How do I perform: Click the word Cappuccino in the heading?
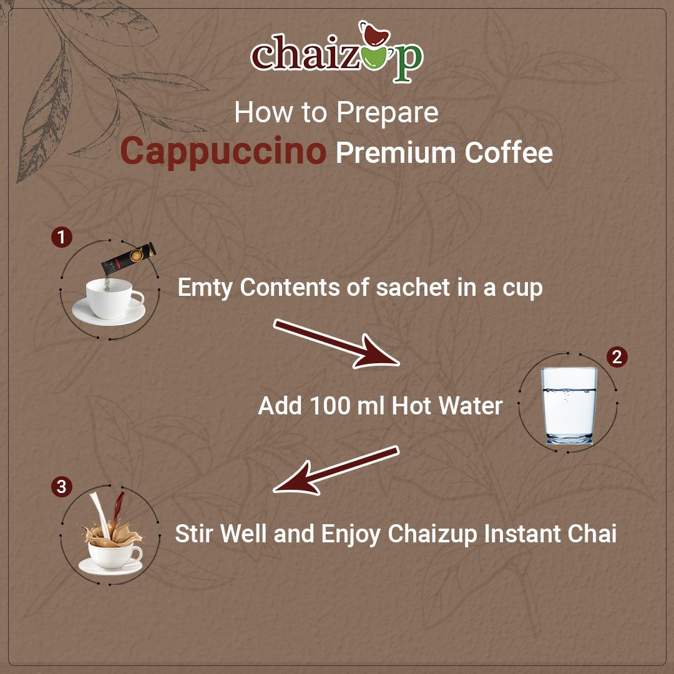[223, 152]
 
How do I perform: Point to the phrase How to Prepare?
[336, 112]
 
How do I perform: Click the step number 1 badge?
[61, 237]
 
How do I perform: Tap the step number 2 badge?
[617, 357]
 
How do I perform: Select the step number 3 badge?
[61, 487]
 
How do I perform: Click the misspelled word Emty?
[205, 288]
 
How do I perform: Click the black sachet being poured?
[129, 258]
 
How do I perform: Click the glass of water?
[569, 405]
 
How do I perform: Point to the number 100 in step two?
[331, 406]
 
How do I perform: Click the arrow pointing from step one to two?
[337, 343]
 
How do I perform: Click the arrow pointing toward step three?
[337, 469]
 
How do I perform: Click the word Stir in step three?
[195, 534]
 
